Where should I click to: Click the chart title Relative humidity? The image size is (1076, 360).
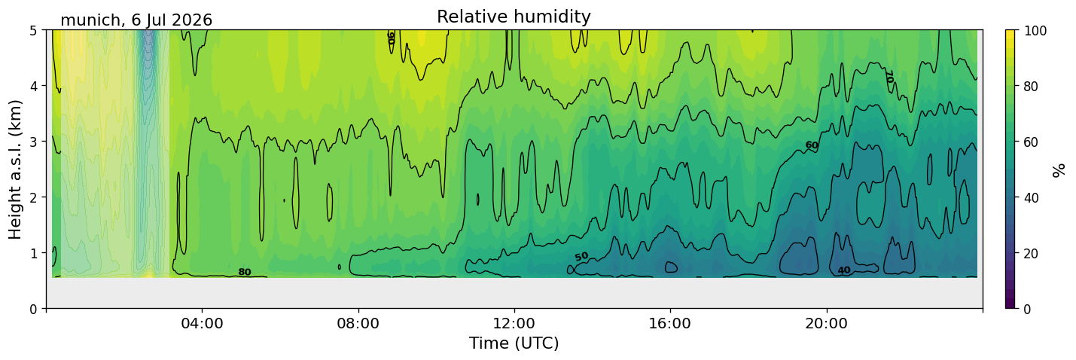point(514,17)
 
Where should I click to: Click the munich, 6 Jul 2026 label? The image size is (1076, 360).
point(136,20)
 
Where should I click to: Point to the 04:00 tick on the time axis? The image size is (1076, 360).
point(203,323)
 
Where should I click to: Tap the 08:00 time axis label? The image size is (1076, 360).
point(358,323)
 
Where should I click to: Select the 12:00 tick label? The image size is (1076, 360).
point(514,323)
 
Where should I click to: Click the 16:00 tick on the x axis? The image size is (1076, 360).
point(670,323)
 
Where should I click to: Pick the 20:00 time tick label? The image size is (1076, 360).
point(826,323)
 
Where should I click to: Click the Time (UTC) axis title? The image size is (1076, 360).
point(514,343)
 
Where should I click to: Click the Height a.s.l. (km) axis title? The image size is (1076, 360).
point(15,169)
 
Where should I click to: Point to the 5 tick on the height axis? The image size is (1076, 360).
point(33,31)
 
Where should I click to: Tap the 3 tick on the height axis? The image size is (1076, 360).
point(33,142)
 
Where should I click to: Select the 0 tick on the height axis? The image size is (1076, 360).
point(33,309)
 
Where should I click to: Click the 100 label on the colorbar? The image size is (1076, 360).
point(1035,31)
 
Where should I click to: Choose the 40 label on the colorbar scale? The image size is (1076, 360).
point(1031,198)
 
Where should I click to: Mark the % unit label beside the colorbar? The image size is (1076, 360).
point(1058,170)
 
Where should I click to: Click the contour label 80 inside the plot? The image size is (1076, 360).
point(245,272)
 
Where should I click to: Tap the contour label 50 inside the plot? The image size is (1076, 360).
point(581,257)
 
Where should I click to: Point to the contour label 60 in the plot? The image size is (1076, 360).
point(811,145)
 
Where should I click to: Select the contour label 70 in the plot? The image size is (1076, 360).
point(889,76)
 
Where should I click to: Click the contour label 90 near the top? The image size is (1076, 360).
point(392,38)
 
